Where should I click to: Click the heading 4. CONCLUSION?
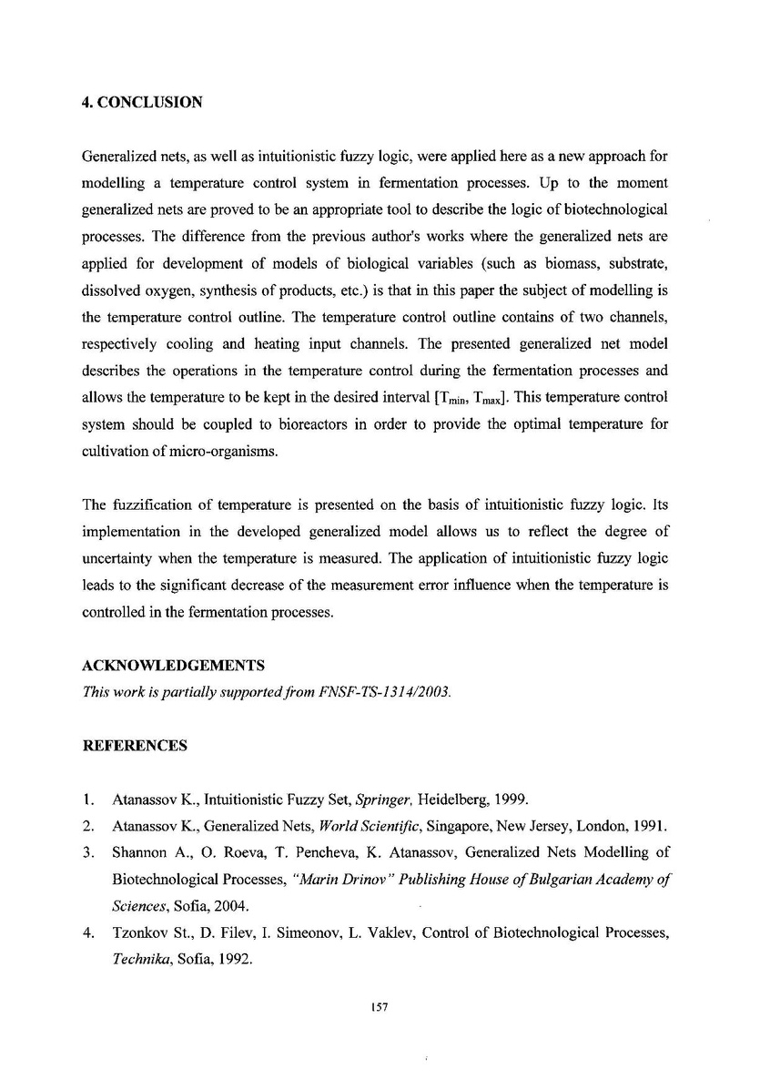142,103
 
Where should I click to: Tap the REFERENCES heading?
135,746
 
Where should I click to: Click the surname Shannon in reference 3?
138,853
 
